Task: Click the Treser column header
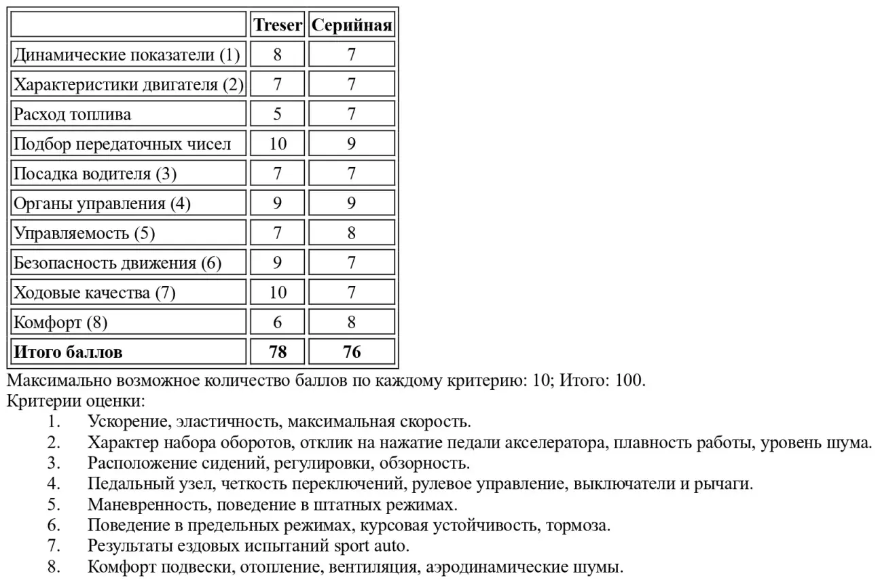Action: point(278,25)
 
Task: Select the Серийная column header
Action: point(352,25)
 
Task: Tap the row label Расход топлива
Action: point(73,114)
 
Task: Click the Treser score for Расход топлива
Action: point(278,114)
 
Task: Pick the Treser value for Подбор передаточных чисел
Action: point(278,144)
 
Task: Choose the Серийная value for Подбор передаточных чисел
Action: point(352,144)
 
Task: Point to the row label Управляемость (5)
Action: point(85,234)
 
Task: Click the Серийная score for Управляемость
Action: point(352,234)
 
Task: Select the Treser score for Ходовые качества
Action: point(278,293)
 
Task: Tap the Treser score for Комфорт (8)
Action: point(278,323)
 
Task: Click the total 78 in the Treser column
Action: point(278,352)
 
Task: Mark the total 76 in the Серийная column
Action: point(352,352)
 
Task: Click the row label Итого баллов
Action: point(69,352)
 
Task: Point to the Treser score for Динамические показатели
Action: point(278,55)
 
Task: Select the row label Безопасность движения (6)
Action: point(118,263)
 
